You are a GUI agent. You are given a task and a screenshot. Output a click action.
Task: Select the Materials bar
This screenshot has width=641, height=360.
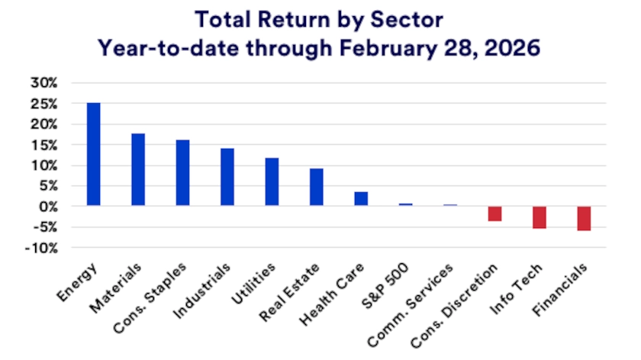click(x=138, y=170)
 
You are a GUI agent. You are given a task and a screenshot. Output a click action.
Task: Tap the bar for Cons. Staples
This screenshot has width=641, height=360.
click(x=182, y=173)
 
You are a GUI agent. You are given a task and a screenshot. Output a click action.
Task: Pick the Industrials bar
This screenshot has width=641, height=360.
click(x=227, y=177)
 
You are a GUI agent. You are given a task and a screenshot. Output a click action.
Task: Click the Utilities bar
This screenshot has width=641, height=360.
click(x=272, y=182)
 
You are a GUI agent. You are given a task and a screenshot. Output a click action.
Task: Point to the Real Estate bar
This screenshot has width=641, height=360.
click(x=316, y=187)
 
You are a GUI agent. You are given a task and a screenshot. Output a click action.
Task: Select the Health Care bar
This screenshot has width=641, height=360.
click(x=361, y=199)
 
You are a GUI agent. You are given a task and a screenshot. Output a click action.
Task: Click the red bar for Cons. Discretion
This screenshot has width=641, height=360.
click(x=494, y=214)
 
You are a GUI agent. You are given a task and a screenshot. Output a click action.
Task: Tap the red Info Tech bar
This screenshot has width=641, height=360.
click(x=540, y=217)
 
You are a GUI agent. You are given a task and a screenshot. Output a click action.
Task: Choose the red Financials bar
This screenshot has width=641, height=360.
click(x=584, y=218)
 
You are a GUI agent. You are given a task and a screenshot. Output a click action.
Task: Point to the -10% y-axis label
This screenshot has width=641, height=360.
click(x=43, y=248)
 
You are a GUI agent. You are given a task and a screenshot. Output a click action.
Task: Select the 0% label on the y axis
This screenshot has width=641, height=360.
click(x=49, y=207)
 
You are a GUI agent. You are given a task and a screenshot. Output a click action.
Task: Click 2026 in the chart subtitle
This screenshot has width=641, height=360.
click(x=511, y=47)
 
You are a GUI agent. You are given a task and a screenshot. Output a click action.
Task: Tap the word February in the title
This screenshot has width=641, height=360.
click(x=386, y=47)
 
